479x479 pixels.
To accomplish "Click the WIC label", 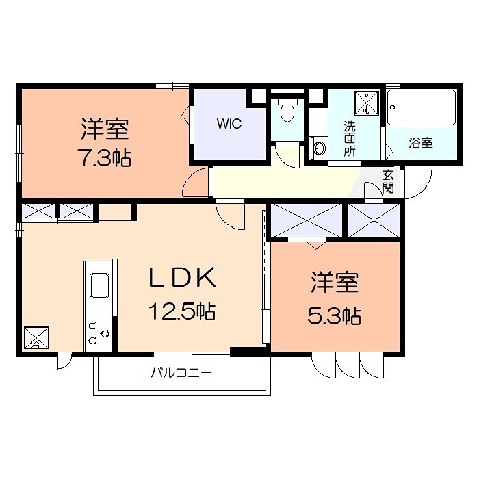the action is click(229, 124).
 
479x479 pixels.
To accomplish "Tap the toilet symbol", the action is click(287, 110).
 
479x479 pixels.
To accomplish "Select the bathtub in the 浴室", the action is click(422, 107).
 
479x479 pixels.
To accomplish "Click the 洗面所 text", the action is click(350, 139).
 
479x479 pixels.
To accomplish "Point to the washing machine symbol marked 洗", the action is click(367, 103).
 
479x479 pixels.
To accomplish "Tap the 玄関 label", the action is click(388, 182).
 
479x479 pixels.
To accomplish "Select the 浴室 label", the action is click(421, 143).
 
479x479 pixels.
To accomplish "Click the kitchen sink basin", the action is click(100, 285).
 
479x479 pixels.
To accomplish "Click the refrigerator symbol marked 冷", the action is click(36, 337).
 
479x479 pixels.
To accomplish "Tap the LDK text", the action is click(183, 277).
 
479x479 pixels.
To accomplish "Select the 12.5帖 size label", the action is click(182, 311).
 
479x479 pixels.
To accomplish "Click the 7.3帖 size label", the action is click(105, 158).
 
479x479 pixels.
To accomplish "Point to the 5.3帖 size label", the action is click(334, 315).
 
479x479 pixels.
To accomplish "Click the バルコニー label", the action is click(181, 373).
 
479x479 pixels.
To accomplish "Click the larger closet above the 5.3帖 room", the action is click(307, 220).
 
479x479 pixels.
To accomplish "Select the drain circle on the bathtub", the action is click(393, 107).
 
